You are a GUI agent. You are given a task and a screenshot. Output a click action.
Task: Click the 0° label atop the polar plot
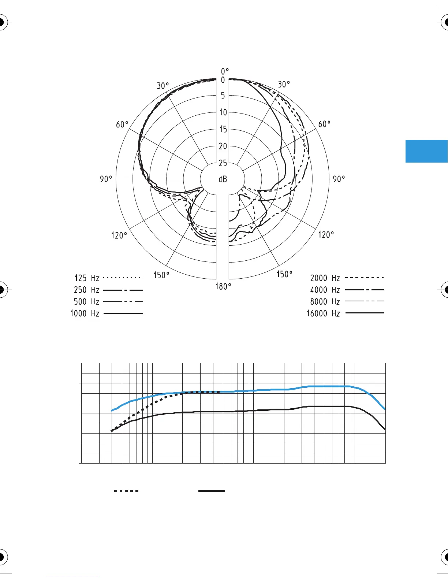point(225,71)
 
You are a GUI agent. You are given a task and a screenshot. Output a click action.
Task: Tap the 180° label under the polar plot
point(223,286)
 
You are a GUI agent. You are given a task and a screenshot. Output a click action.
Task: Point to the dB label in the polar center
point(223,179)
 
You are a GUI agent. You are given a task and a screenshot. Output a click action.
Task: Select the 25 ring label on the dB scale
point(223,163)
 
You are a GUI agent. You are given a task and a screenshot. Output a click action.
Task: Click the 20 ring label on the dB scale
point(223,146)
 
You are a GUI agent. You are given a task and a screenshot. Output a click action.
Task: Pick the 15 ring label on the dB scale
point(223,129)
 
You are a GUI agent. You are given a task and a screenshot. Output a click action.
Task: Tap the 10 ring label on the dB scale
point(223,112)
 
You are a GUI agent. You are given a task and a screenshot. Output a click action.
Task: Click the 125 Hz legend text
point(87,278)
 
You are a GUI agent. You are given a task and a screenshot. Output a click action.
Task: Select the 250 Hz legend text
point(86,290)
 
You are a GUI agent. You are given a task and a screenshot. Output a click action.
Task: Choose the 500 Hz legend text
point(86,301)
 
